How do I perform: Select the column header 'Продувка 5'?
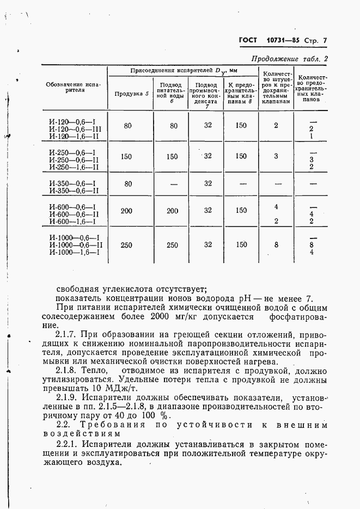pos(131,94)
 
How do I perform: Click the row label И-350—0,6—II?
pos(74,190)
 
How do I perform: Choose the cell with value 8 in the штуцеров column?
pos(276,245)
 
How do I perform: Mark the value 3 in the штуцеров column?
pos(276,156)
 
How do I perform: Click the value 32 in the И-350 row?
pos(208,183)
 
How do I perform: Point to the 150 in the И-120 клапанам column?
pos(240,126)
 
